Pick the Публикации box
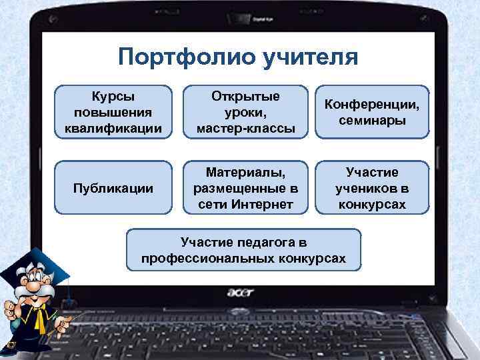(x=113, y=188)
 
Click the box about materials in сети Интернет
(x=245, y=188)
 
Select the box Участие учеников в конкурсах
(x=372, y=188)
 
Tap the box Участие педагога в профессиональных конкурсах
(x=244, y=249)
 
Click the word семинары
(x=372, y=120)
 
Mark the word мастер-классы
(x=246, y=127)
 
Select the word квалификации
(x=113, y=127)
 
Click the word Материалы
(x=245, y=172)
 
